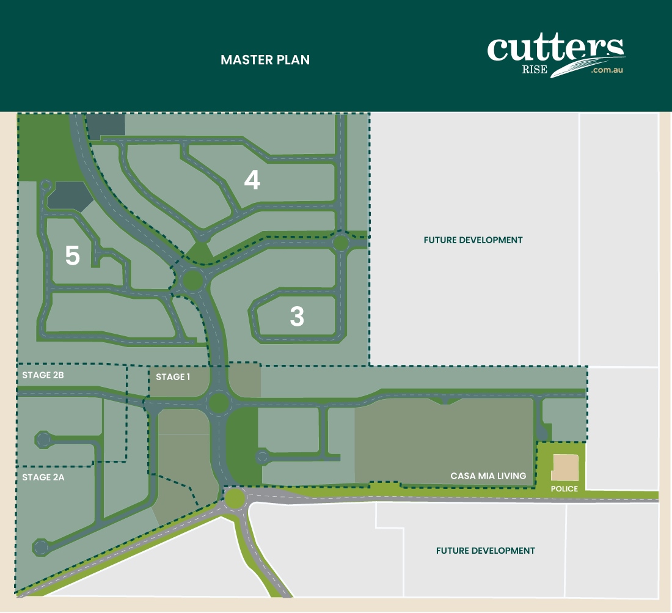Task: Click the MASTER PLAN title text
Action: tap(265, 60)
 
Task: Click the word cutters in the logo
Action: tap(555, 49)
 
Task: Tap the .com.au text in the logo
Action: tap(607, 70)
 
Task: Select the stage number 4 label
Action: tap(252, 180)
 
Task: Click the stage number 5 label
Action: tap(72, 256)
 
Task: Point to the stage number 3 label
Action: tap(296, 317)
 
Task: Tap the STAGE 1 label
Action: tap(173, 377)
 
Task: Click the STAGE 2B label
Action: tap(43, 375)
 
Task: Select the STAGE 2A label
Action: tap(43, 477)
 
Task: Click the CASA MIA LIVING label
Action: tap(488, 475)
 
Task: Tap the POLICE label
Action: tap(564, 489)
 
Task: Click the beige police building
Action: tap(565, 468)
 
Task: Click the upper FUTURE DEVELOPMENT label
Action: tap(473, 240)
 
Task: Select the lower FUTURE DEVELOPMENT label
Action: tap(486, 551)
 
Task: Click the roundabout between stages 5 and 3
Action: tap(192, 281)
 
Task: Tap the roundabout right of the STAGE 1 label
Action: tap(218, 403)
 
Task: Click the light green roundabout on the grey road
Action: tap(234, 499)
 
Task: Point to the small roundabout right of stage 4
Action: tap(341, 243)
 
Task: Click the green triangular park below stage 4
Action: tap(199, 252)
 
